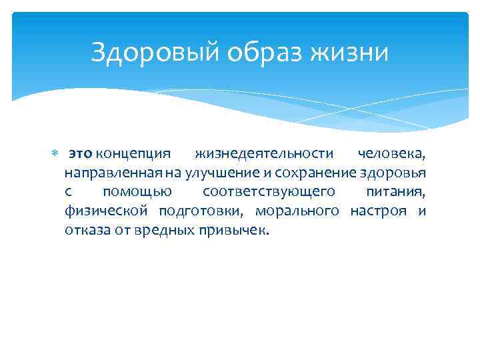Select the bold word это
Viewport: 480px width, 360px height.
pyautogui.click(x=81, y=154)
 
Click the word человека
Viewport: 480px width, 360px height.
pyautogui.click(x=391, y=154)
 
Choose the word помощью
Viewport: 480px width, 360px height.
pyautogui.click(x=137, y=193)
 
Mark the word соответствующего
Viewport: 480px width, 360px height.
pyautogui.click(x=268, y=193)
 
